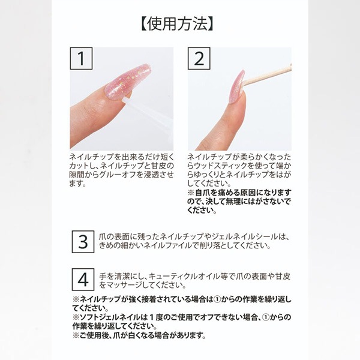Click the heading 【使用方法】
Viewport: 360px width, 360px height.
[x=177, y=24]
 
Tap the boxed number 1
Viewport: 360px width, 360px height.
[x=81, y=58]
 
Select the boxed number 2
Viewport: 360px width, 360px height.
[x=199, y=58]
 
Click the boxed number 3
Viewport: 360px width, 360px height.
[x=83, y=242]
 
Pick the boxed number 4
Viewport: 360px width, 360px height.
[x=83, y=280]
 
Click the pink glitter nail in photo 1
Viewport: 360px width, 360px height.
[x=127, y=82]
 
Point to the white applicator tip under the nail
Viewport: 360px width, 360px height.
[x=126, y=101]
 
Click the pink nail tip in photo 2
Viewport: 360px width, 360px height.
[x=238, y=86]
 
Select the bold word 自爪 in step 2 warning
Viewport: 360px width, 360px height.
[x=202, y=193]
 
